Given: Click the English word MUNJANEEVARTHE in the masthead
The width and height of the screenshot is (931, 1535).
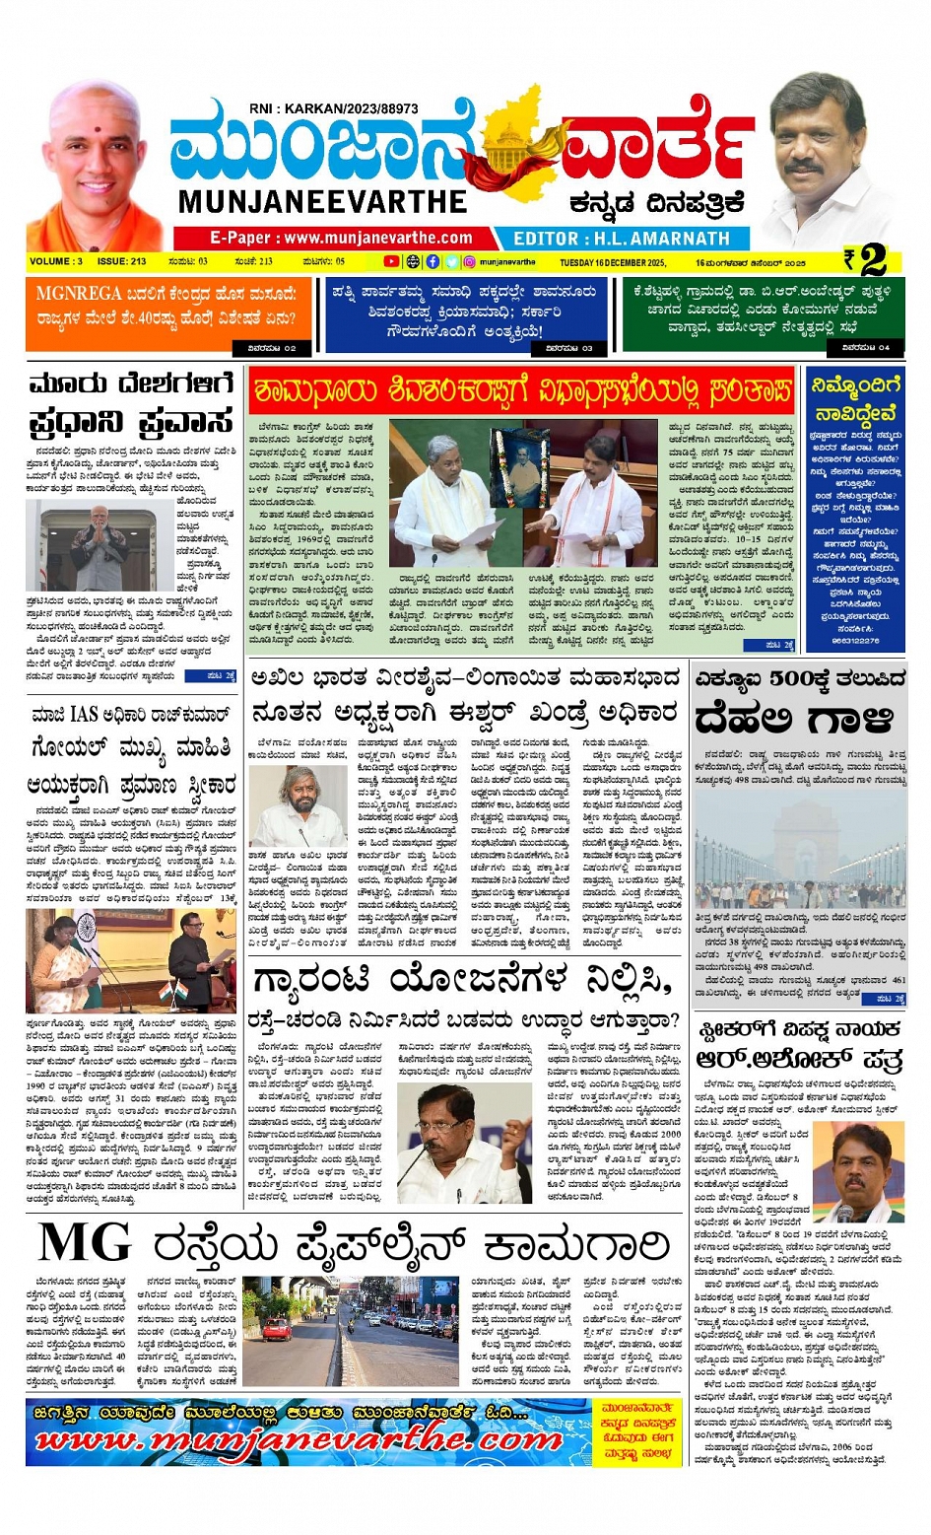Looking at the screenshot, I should pyautogui.click(x=322, y=202).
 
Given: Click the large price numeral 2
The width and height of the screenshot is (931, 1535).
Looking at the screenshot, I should pyautogui.click(x=873, y=260).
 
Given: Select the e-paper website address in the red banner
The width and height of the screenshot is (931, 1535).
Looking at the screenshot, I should pyautogui.click(x=341, y=238).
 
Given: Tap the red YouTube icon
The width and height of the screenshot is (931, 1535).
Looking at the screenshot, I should pyautogui.click(x=391, y=262).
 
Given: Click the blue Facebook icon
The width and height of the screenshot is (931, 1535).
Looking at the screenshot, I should pyautogui.click(x=432, y=262).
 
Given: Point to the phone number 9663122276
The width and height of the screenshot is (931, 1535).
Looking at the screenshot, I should pyautogui.click(x=855, y=641).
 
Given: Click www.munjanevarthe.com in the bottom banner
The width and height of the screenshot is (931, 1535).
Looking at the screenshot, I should pyautogui.click(x=296, y=1440).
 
